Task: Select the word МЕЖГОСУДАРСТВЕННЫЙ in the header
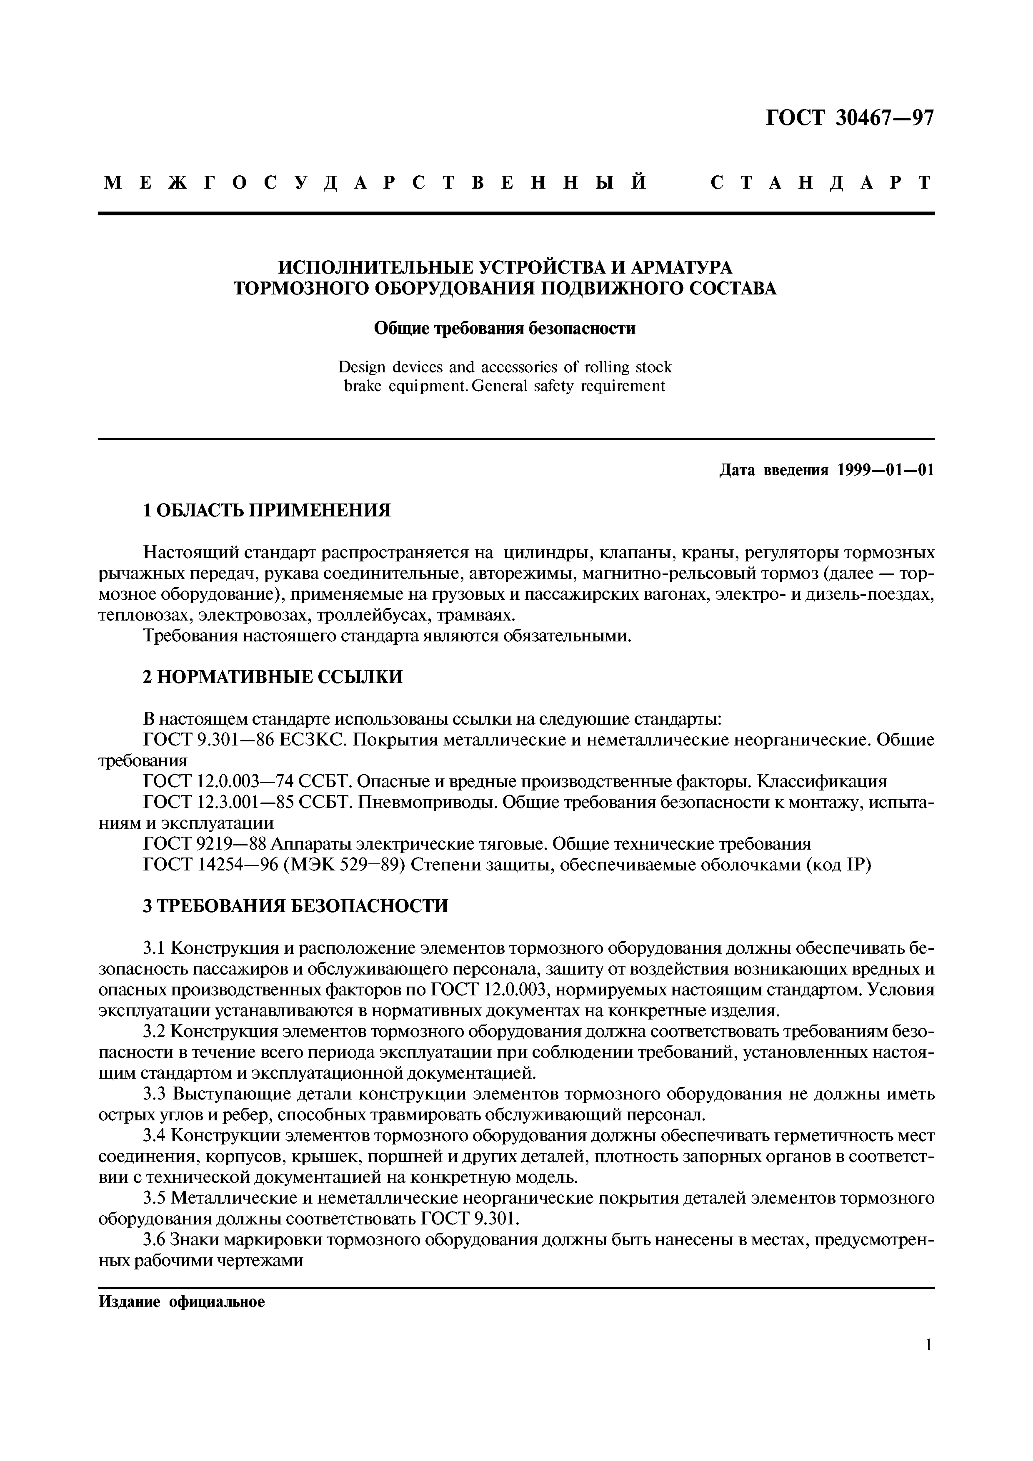tap(375, 183)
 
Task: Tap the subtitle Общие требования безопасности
tap(505, 329)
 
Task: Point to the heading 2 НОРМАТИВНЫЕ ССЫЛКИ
tap(273, 677)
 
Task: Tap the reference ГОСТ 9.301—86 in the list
tap(212, 740)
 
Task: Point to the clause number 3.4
tap(155, 1135)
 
